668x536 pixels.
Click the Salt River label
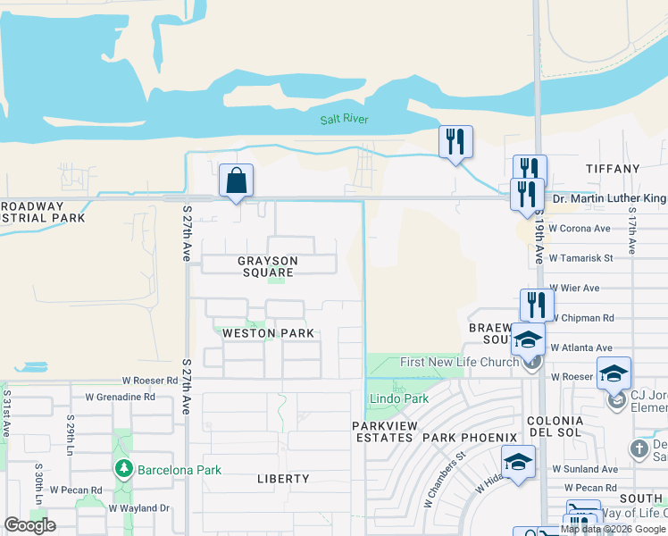[x=344, y=120]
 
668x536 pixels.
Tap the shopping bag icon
[x=236, y=181]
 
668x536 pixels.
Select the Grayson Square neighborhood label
[x=267, y=266]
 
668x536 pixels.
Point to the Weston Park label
[x=268, y=333]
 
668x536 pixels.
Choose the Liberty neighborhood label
[x=283, y=479]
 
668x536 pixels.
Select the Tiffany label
[x=613, y=169]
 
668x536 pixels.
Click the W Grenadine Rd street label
[x=120, y=397]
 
